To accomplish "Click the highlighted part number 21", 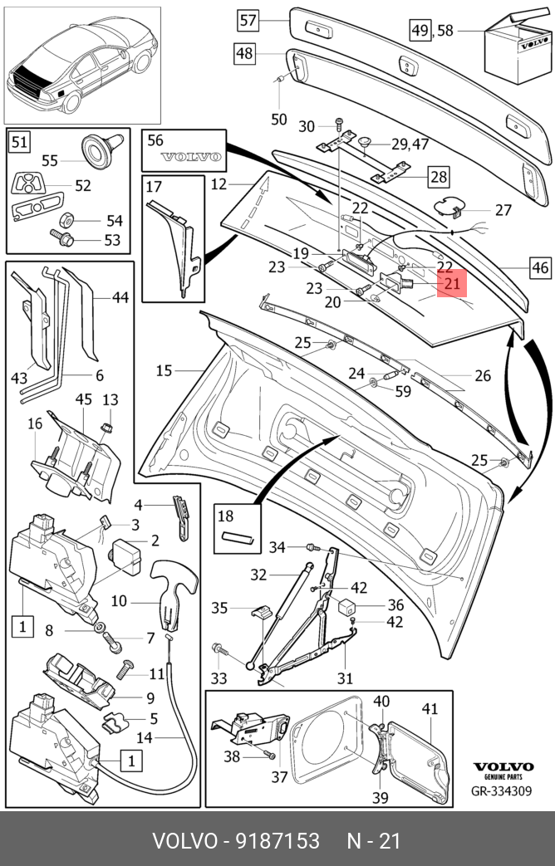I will coord(452,285).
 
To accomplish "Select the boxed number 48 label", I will coord(244,54).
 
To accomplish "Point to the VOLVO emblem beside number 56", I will coord(190,156).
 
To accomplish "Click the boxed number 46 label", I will coord(540,267).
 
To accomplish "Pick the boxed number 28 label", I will coord(438,176).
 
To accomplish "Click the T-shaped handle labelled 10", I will coord(172,590).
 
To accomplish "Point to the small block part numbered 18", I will coord(236,537).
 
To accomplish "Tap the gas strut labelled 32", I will coord(280,614).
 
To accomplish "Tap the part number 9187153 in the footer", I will coord(270,840).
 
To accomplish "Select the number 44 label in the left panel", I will coord(120,296).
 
